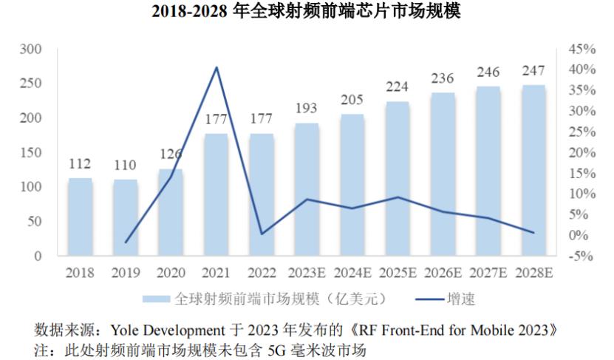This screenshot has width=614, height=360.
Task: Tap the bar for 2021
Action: [x=216, y=194]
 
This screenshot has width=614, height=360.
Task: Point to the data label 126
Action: [x=171, y=155]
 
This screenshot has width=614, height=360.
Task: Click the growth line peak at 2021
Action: [x=216, y=68]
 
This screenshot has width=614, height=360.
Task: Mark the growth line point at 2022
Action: [x=262, y=234]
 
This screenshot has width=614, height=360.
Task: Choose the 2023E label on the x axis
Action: [x=307, y=273]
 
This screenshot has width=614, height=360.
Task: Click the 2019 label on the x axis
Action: [x=126, y=273]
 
